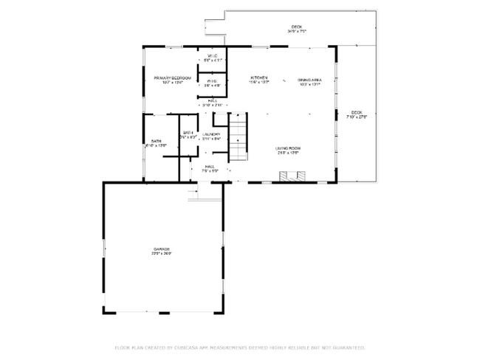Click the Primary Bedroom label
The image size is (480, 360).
tap(172, 77)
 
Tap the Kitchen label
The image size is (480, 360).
tap(258, 77)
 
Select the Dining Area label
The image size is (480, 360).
tap(309, 80)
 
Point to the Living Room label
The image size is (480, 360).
tap(287, 148)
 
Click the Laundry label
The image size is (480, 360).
tap(211, 134)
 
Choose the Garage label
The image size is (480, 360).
tap(162, 249)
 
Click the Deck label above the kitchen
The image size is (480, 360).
tap(296, 27)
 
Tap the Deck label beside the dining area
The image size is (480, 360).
tap(358, 112)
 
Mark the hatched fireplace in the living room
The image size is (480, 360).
tap(291, 176)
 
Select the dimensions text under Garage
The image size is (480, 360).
tap(162, 254)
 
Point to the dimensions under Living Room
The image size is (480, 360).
tap(287, 153)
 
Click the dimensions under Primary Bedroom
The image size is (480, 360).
tap(172, 82)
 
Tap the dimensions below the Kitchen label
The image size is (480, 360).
tap(258, 82)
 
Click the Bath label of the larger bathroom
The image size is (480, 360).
tap(156, 140)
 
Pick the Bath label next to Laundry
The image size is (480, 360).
tap(188, 133)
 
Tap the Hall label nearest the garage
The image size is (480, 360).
tap(209, 167)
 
